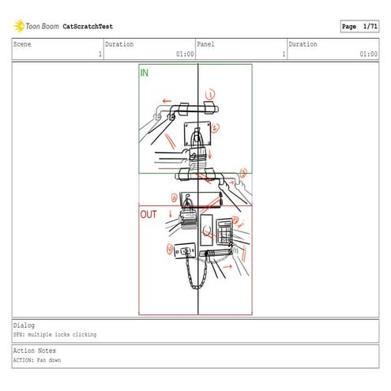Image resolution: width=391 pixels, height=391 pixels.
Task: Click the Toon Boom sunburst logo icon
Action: click(18, 26)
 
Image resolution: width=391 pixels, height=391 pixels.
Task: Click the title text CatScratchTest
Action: click(88, 26)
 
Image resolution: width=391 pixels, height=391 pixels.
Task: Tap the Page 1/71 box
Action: click(359, 26)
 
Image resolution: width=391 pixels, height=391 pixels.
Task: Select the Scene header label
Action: click(22, 44)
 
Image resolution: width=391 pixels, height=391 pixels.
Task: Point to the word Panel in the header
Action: click(205, 44)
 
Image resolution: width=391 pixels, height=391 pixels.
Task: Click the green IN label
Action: click(145, 73)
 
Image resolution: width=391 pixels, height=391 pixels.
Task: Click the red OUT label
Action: click(149, 214)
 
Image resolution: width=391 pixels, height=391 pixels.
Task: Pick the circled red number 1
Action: click(210, 95)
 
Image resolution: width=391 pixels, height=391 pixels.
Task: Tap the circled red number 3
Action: click(242, 173)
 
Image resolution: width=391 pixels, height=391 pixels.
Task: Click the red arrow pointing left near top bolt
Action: click(167, 101)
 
